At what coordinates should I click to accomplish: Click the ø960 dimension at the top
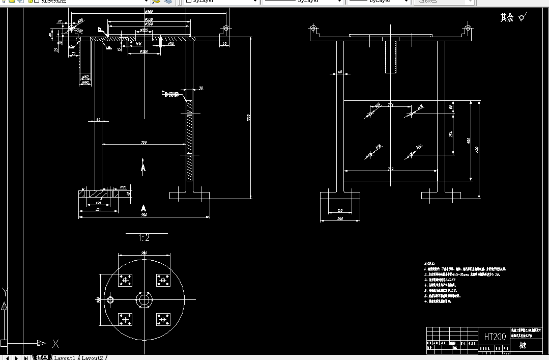(149, 11)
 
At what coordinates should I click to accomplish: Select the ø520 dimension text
(149, 19)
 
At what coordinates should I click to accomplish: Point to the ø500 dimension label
(149, 24)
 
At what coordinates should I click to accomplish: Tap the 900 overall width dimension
(144, 215)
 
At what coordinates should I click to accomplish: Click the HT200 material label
(495, 337)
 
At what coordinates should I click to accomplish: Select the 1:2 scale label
(144, 238)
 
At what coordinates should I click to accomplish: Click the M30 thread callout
(123, 187)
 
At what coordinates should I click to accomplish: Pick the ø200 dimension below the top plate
(144, 51)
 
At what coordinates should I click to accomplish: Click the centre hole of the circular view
(144, 300)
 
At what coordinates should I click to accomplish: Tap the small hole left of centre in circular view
(110, 300)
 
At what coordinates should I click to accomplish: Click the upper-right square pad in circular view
(163, 280)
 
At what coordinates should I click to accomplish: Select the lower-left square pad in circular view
(125, 319)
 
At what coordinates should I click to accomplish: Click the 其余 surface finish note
(507, 18)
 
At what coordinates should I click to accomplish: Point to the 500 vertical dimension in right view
(469, 141)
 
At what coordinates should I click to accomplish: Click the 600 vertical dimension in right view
(477, 149)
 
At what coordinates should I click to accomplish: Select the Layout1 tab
(65, 357)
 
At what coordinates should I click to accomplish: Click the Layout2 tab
(92, 357)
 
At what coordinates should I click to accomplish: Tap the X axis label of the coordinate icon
(55, 343)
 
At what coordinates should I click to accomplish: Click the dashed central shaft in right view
(390, 56)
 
